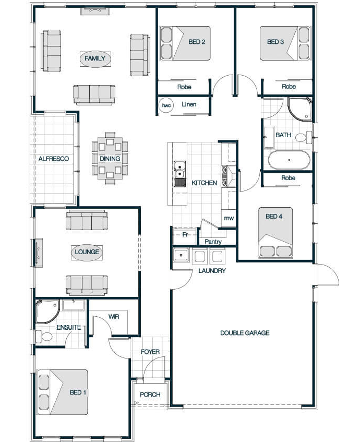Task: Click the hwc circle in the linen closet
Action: pos(166,105)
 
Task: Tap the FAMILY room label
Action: pos(95,58)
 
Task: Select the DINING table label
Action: pos(110,159)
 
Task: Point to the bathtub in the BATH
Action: pos(289,160)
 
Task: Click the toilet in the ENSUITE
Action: pos(45,336)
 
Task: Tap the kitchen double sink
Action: pos(179,174)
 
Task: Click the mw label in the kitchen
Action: pos(229,218)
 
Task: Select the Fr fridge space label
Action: pos(185,234)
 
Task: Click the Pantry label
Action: pos(213,242)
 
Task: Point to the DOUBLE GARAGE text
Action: pos(245,333)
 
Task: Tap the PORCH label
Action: pos(150,395)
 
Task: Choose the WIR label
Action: pos(114,317)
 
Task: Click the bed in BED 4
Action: pos(275,233)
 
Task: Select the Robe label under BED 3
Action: pos(289,87)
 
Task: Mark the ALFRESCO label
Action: pos(54,159)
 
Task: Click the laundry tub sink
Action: pos(181,255)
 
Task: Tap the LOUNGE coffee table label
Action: pos(87,252)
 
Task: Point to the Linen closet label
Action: pos(189,104)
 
